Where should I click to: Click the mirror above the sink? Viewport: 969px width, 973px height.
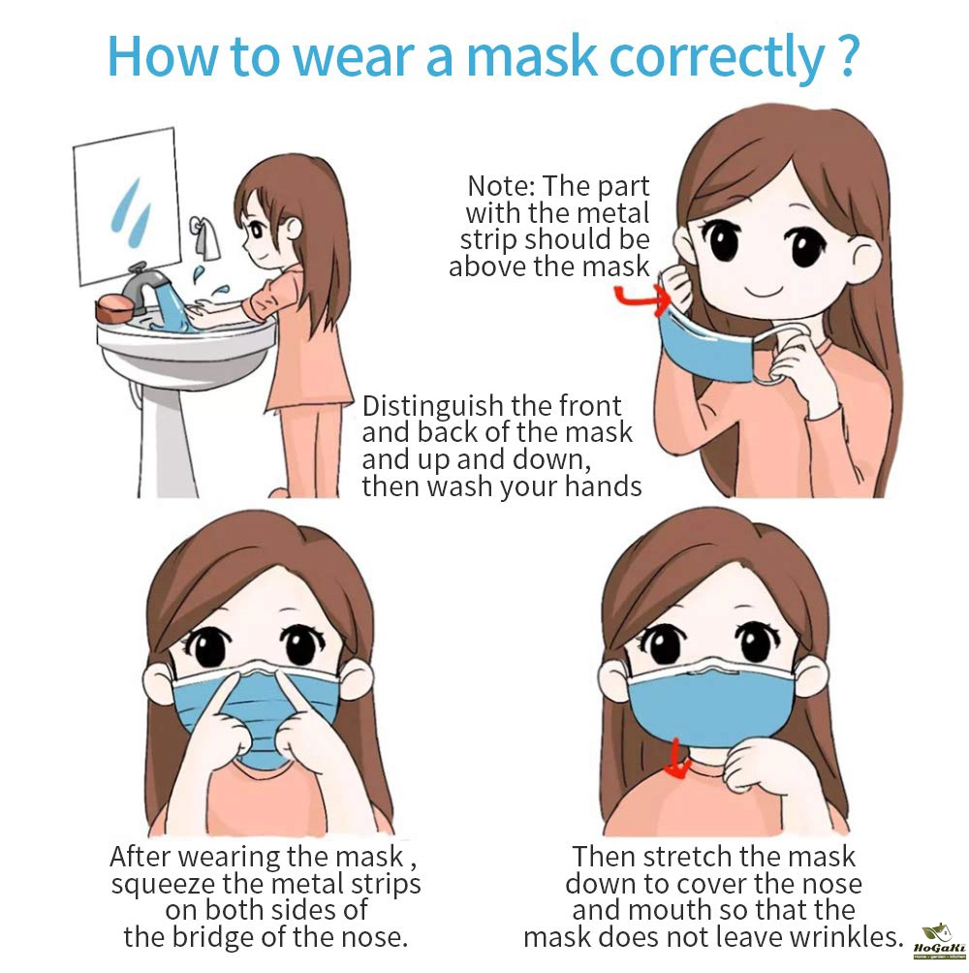point(127,205)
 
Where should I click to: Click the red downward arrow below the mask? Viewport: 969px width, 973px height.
point(677,760)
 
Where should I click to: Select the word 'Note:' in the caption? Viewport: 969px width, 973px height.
point(501,185)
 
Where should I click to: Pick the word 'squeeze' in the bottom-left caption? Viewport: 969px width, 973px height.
point(163,885)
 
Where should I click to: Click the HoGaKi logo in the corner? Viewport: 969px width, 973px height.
point(940,941)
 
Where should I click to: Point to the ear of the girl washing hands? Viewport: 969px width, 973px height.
point(293,229)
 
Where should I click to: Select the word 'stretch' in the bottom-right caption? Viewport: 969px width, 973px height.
point(688,858)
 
